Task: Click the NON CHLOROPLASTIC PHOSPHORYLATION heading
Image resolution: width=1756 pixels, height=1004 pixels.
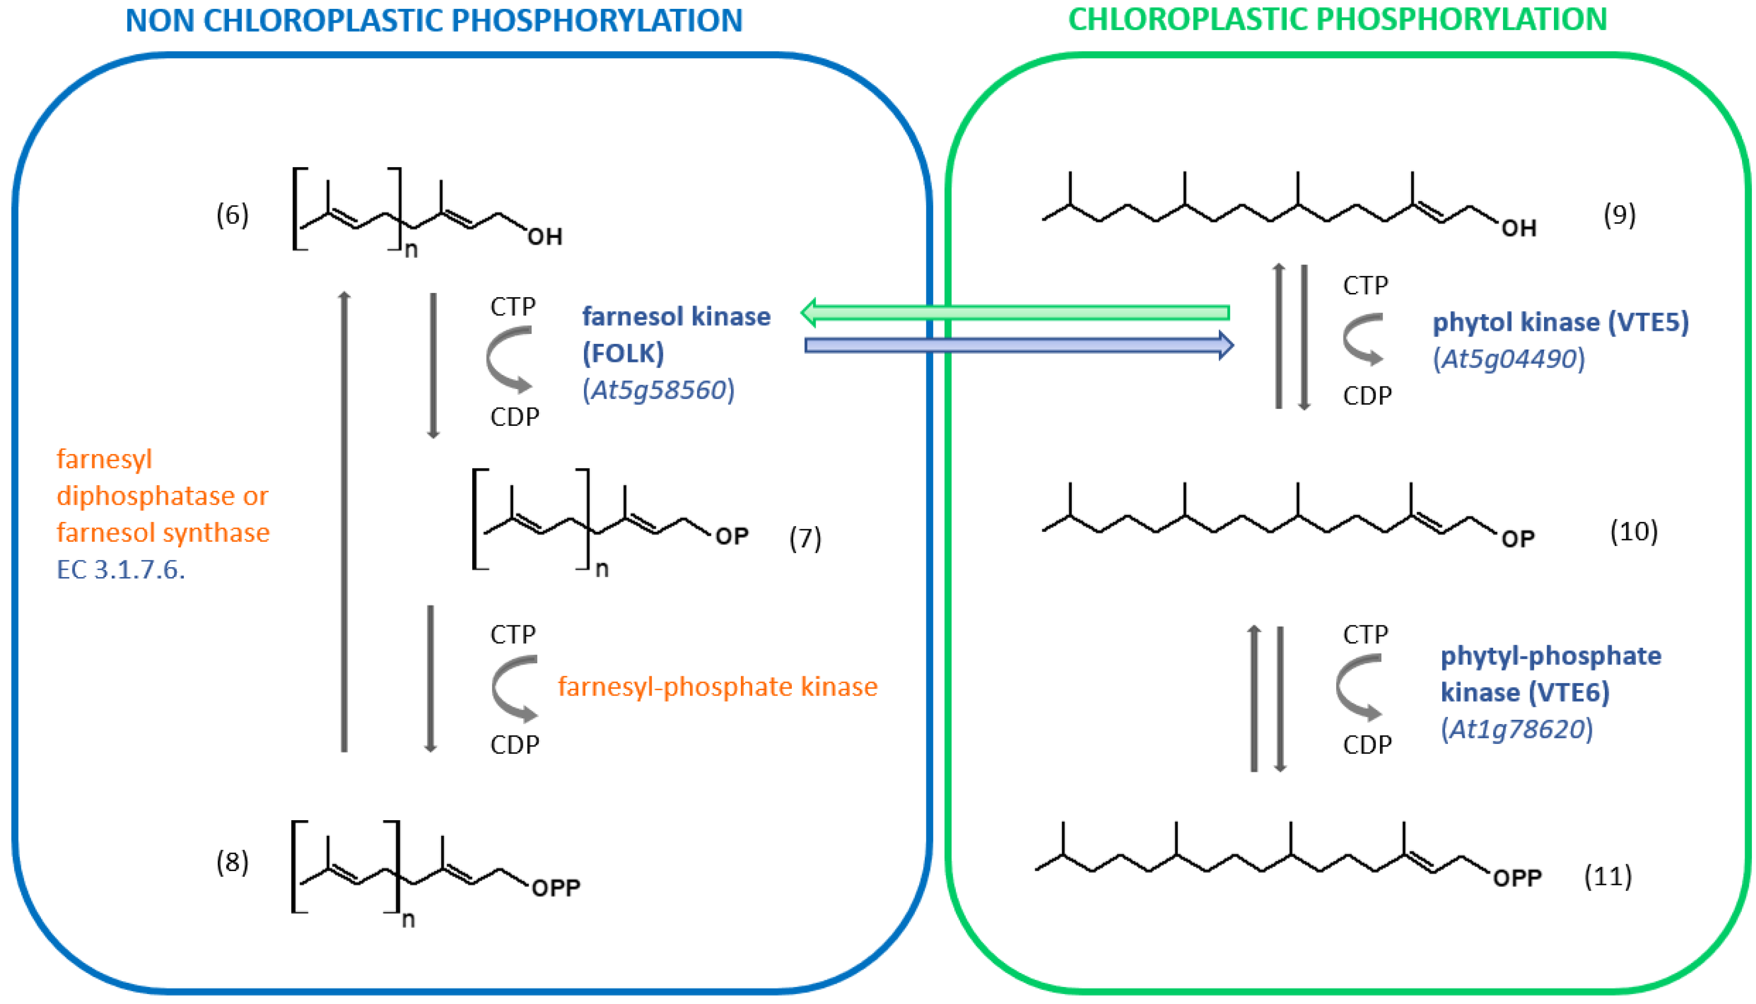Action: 433,21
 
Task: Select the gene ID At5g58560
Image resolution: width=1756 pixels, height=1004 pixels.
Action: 659,390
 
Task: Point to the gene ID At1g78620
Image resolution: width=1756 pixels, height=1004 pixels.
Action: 1516,729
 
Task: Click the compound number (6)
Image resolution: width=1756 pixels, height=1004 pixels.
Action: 232,215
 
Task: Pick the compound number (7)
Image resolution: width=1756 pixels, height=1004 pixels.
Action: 805,539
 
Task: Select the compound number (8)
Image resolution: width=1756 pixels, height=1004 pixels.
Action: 232,862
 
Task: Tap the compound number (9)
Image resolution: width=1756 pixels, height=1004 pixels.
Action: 1619,215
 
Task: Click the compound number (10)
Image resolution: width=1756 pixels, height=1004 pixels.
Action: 1633,532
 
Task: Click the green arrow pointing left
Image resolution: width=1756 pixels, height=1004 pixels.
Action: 1014,312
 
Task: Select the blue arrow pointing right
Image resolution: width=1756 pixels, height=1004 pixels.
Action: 1018,345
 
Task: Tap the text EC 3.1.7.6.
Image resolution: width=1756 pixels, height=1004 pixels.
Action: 121,570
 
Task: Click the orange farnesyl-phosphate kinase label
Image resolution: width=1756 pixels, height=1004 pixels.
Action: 717,687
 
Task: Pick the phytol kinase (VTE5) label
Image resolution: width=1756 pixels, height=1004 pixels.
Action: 1560,323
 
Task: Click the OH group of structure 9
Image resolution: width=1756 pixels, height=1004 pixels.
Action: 1519,228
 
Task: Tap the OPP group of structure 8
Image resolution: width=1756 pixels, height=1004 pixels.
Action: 555,888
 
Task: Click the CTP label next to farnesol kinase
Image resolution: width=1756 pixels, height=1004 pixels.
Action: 512,306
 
